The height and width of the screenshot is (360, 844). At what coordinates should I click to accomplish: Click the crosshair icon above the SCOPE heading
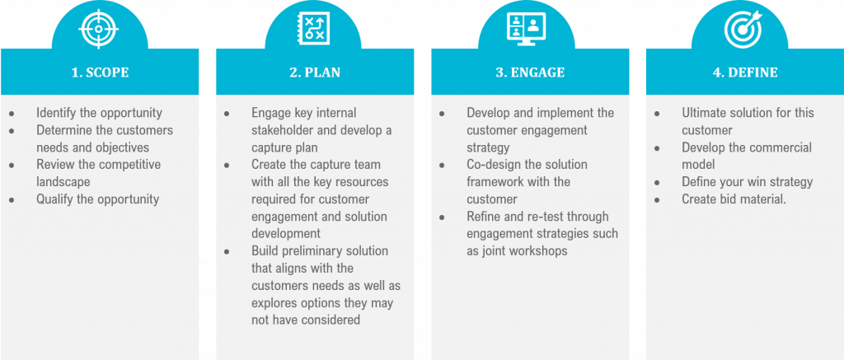coord(99,29)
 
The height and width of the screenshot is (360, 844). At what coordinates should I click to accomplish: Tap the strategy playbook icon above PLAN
coord(314,29)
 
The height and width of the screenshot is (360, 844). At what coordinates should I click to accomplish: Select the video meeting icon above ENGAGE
coord(529,29)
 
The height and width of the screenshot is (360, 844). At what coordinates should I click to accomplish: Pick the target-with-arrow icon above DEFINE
coord(744,29)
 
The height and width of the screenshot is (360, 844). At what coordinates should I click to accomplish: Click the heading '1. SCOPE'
coord(100,72)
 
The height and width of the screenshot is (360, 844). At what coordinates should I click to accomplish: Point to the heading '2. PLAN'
coord(314,72)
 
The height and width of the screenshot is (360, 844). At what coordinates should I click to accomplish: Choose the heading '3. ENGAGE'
coord(530,72)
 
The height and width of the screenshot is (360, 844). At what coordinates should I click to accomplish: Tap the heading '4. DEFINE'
coord(744,72)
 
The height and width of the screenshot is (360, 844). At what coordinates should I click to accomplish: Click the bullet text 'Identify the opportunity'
coord(99,113)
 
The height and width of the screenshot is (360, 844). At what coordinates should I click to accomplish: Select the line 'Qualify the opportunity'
coord(97,199)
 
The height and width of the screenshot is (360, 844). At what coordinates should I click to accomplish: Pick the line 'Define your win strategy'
coord(747,182)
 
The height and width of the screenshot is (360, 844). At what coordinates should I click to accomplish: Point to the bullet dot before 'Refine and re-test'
coord(442,217)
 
